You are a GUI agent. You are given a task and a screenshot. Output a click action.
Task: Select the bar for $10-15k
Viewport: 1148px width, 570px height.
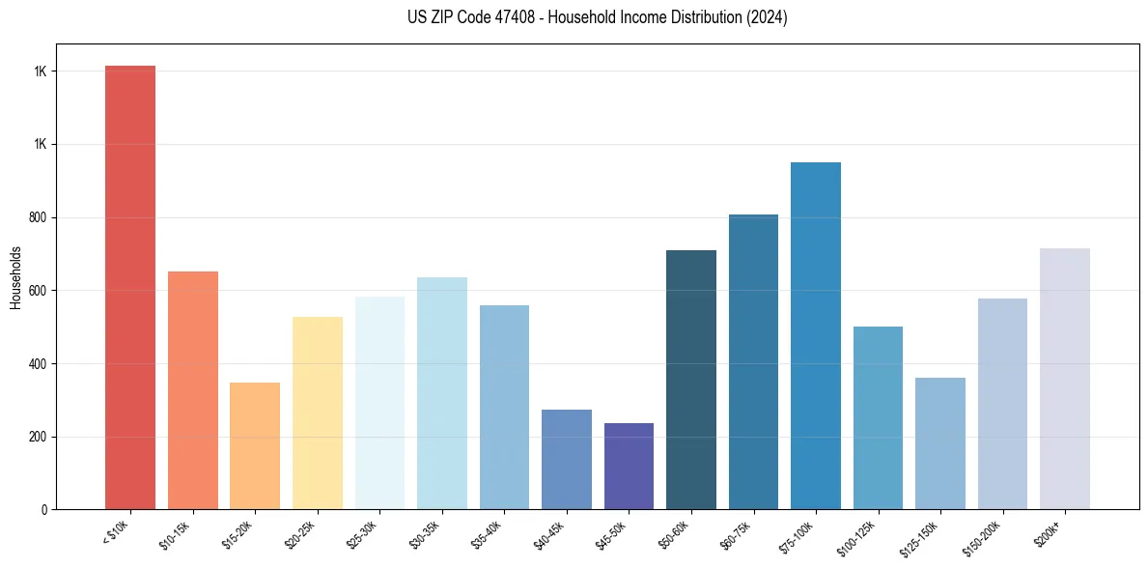pyautogui.click(x=193, y=390)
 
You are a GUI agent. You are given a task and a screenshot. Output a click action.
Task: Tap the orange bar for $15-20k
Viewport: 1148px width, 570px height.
pyautogui.click(x=255, y=445)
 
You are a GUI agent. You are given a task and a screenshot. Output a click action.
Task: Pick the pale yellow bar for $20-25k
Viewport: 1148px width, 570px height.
pyautogui.click(x=318, y=413)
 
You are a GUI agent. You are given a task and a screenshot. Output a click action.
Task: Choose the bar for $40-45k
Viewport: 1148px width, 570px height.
pyautogui.click(x=567, y=459)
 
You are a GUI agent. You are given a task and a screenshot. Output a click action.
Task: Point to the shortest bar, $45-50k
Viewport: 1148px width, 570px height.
pyautogui.click(x=629, y=466)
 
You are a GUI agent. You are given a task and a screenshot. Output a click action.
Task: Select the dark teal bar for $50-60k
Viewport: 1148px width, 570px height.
pyautogui.click(x=691, y=380)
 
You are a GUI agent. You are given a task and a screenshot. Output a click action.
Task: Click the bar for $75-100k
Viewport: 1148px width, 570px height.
pyautogui.click(x=816, y=335)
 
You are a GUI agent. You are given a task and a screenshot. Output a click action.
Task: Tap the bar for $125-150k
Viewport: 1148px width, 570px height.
pyautogui.click(x=940, y=443)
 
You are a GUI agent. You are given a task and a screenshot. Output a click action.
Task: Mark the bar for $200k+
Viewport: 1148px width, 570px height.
pyautogui.click(x=1065, y=379)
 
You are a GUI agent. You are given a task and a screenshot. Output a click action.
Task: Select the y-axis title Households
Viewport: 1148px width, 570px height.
pyautogui.click(x=16, y=276)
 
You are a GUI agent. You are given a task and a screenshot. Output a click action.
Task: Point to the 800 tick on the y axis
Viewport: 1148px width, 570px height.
pyautogui.click(x=39, y=217)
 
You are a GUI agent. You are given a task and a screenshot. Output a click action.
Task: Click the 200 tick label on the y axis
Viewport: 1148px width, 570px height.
pyautogui.click(x=39, y=437)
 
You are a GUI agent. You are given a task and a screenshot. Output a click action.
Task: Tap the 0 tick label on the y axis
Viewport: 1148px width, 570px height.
pyautogui.click(x=44, y=509)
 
